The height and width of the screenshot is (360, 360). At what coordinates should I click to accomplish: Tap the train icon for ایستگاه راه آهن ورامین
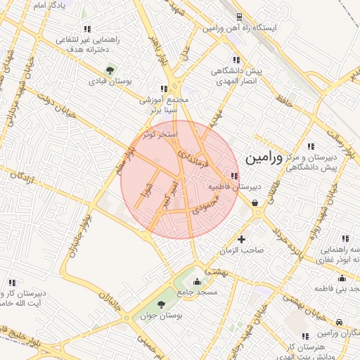click(x=240, y=17)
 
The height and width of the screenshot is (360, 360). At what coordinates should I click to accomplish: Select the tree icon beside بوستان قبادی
click(x=110, y=70)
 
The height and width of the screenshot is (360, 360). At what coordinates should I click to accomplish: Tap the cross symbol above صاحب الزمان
click(x=243, y=239)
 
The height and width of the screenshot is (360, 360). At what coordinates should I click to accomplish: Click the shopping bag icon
click(x=254, y=203)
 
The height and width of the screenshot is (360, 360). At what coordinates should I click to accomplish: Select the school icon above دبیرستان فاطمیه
click(x=234, y=176)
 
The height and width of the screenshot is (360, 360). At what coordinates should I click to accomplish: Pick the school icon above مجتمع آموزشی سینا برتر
click(x=164, y=89)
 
